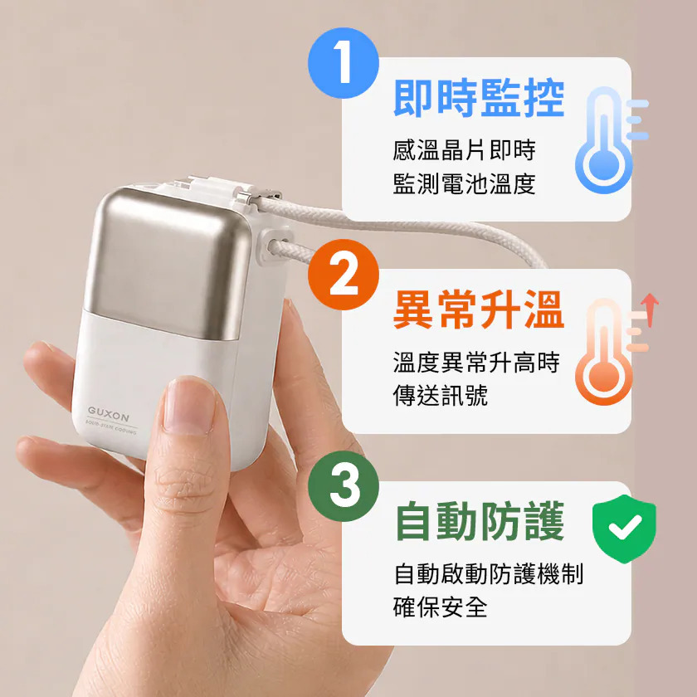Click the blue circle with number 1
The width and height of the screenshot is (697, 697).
[344, 63]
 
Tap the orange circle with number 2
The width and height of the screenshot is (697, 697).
[344, 275]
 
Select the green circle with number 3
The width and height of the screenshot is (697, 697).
[344, 486]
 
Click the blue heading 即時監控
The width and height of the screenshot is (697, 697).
[479, 98]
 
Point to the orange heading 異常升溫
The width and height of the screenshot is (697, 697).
[479, 310]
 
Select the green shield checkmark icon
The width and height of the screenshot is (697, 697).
[624, 529]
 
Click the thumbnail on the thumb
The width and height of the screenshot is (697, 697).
[189, 406]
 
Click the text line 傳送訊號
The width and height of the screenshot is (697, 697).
[440, 395]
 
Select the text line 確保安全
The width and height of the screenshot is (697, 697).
[440, 607]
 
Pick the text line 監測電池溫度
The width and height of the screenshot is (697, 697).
[464, 183]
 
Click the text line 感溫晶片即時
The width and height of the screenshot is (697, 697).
[464, 150]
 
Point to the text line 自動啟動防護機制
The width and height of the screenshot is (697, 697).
[489, 573]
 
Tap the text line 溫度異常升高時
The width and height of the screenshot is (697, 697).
[476, 362]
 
